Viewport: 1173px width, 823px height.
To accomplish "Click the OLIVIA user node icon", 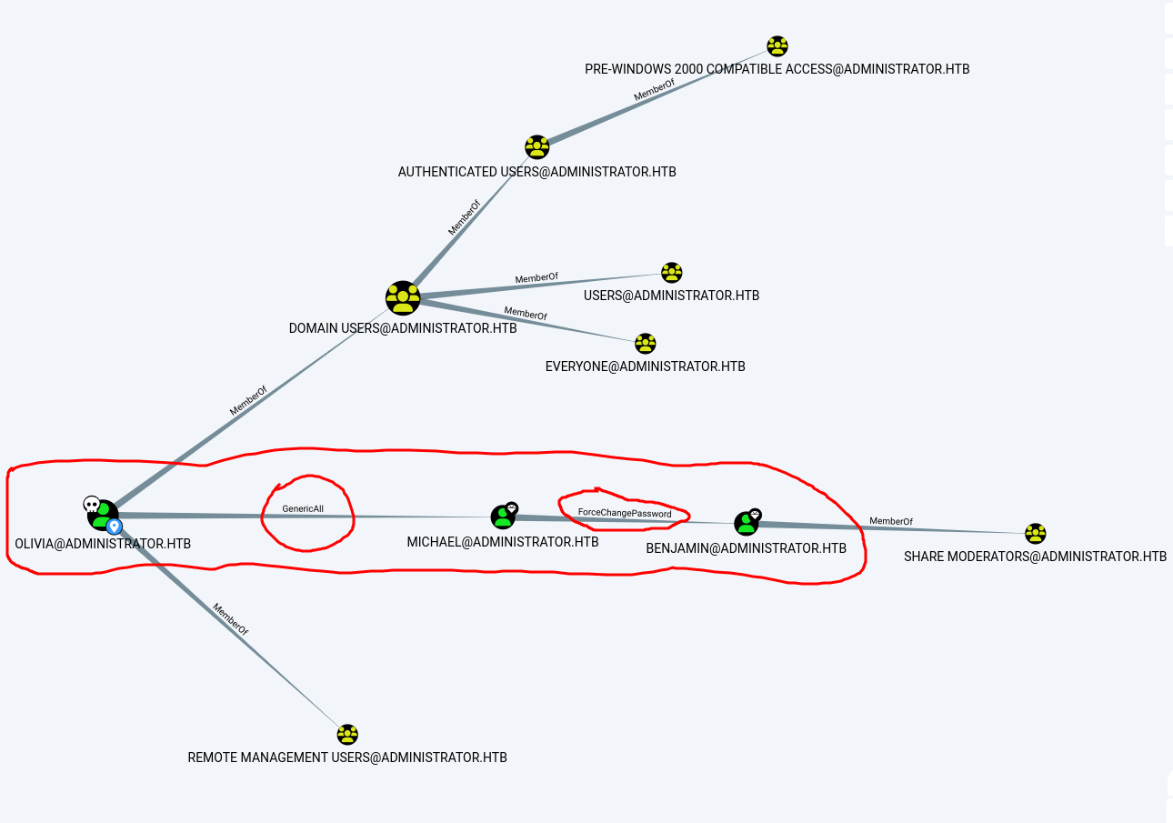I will pyautogui.click(x=104, y=515).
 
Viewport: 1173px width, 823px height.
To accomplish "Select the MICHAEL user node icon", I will pyautogui.click(x=503, y=517).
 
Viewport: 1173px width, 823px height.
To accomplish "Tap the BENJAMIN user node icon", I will pyautogui.click(x=747, y=523).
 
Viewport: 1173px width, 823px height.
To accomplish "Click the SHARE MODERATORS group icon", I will pyautogui.click(x=1035, y=534).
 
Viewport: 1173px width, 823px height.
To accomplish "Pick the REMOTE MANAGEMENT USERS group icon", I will pyautogui.click(x=347, y=735).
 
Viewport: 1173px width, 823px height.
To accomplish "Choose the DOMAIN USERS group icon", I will pyautogui.click(x=403, y=298).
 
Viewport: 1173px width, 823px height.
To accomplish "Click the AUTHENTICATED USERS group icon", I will pyautogui.click(x=537, y=147).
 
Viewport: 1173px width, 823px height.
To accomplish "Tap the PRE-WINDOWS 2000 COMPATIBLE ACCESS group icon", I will pyautogui.click(x=777, y=46).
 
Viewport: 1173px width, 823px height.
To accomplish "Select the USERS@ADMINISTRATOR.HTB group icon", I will pyautogui.click(x=672, y=273).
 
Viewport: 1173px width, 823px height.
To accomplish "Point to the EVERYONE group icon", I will pyautogui.click(x=646, y=344).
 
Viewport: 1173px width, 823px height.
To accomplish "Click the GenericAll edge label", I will pyautogui.click(x=303, y=509).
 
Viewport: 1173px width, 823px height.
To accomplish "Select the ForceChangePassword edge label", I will pyautogui.click(x=625, y=514).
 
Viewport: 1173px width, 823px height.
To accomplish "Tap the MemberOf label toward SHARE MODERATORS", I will pyautogui.click(x=890, y=521).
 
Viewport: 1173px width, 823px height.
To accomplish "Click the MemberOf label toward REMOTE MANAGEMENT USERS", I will pyautogui.click(x=230, y=618).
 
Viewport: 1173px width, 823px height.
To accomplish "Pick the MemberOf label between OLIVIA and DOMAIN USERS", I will pyautogui.click(x=248, y=401).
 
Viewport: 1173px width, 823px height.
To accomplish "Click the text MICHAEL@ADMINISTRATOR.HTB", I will pyautogui.click(x=503, y=542).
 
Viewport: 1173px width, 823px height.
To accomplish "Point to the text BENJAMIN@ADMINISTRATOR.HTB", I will pyautogui.click(x=746, y=548).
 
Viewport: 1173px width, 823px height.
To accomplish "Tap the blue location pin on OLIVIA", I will pyautogui.click(x=115, y=527).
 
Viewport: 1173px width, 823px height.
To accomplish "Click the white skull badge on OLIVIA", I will pyautogui.click(x=91, y=503).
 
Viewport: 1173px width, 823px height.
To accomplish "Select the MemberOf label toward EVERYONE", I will pyautogui.click(x=526, y=314).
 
